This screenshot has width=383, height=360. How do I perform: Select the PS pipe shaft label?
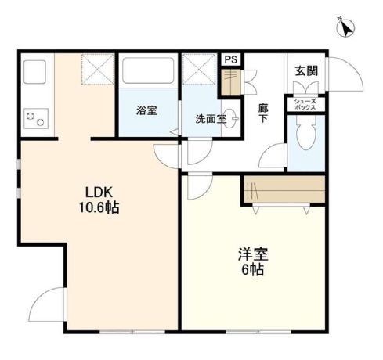tap(230, 59)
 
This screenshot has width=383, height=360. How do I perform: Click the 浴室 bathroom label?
tap(146, 110)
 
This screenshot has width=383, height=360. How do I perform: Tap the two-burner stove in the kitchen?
tap(36, 118)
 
